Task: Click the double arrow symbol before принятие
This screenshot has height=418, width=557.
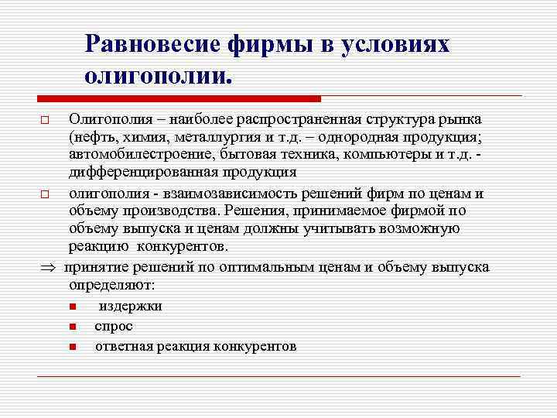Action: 46,268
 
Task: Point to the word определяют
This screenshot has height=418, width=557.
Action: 111,285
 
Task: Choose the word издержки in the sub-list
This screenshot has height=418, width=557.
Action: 130,306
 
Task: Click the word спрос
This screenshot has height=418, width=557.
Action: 114,326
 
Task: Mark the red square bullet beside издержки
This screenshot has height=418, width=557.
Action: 71,307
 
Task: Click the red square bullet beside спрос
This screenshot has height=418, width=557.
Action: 71,327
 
